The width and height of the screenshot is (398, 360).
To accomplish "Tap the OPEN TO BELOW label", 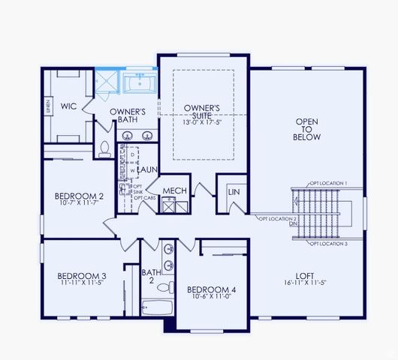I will pyautogui.click(x=307, y=129).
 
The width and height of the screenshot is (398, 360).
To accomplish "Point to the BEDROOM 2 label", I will pyautogui.click(x=79, y=196).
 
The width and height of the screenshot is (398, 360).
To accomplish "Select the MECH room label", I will pyautogui.click(x=174, y=190).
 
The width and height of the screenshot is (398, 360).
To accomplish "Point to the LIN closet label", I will pyautogui.click(x=233, y=192).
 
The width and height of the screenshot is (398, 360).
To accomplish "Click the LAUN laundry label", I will pyautogui.click(x=146, y=170).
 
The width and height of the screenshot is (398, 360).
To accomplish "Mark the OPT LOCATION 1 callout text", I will pyautogui.click(x=328, y=183).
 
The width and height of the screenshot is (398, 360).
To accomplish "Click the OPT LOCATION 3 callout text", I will pyautogui.click(x=328, y=244).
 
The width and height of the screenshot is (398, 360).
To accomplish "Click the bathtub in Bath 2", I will pyautogui.click(x=157, y=307).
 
